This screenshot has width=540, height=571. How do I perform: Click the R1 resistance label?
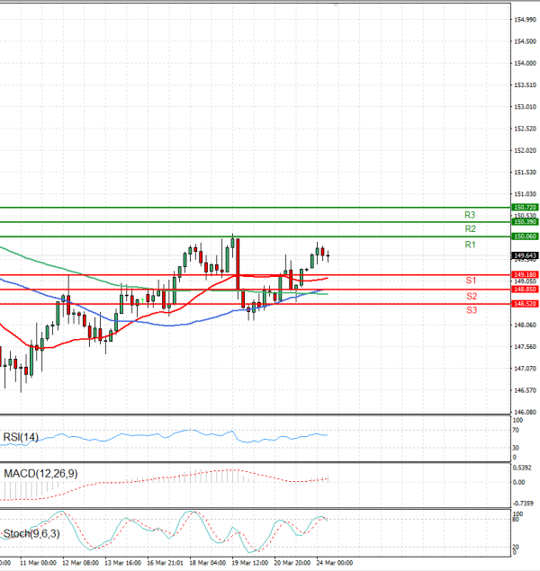tap(470, 245)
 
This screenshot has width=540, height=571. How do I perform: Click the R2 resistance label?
tap(470, 229)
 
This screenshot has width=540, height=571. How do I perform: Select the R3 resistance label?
tap(470, 215)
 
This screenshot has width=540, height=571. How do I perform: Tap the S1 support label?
tap(471, 281)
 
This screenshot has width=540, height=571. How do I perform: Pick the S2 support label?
tap(471, 296)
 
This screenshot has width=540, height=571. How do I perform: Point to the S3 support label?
tap(471, 310)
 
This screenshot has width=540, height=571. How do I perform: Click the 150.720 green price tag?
tap(525, 208)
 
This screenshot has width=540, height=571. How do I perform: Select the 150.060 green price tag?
tap(525, 236)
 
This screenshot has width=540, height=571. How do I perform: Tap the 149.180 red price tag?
tap(525, 274)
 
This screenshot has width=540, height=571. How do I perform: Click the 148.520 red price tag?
tap(525, 304)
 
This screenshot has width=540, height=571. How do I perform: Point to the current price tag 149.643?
tap(525, 255)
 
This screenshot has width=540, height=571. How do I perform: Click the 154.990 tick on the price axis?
tap(525, 20)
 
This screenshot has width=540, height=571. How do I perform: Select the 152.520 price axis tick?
tap(525, 129)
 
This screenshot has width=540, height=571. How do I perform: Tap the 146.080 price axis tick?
tap(525, 412)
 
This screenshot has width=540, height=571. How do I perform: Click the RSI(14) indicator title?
tap(21, 437)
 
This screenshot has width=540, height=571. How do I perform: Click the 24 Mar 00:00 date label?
tap(334, 563)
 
